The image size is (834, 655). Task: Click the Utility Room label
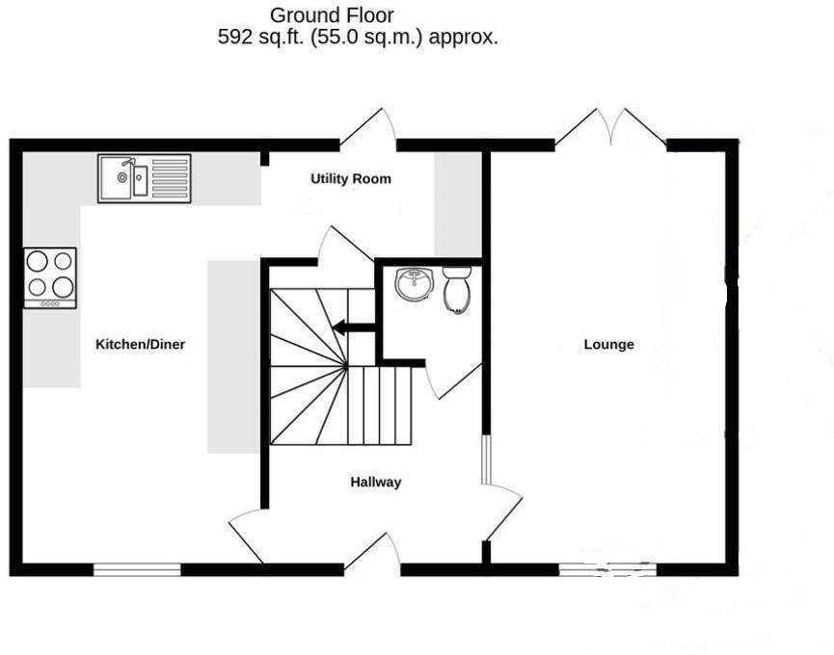tap(350, 179)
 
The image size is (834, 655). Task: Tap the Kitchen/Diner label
tap(140, 344)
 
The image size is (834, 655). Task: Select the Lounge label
tap(608, 344)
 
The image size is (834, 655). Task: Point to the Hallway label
tap(375, 483)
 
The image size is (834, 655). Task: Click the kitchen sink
tap(144, 178)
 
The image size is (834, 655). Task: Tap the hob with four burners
tap(50, 276)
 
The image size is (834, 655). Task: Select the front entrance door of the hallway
tap(372, 554)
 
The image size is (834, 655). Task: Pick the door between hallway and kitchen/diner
tap(247, 535)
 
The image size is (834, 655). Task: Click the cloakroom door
tap(451, 381)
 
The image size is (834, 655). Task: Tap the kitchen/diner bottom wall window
tap(137, 569)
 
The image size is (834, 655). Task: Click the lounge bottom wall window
tap(607, 569)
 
